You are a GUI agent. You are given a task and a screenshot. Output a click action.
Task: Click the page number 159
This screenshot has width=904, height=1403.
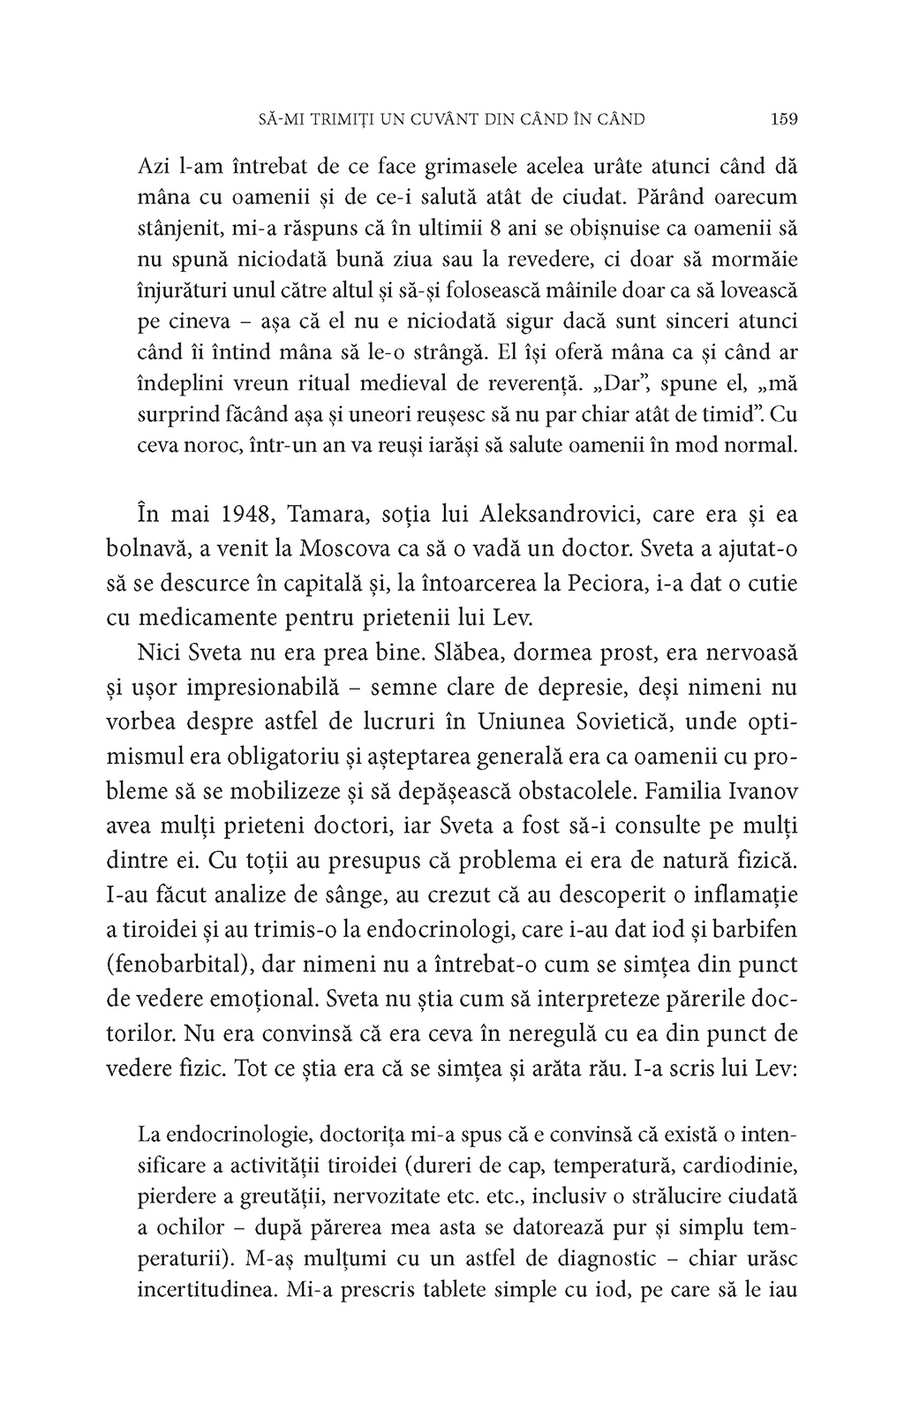pos(784,117)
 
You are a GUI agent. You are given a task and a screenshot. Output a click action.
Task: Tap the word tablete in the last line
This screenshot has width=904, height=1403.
pos(487,1289)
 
